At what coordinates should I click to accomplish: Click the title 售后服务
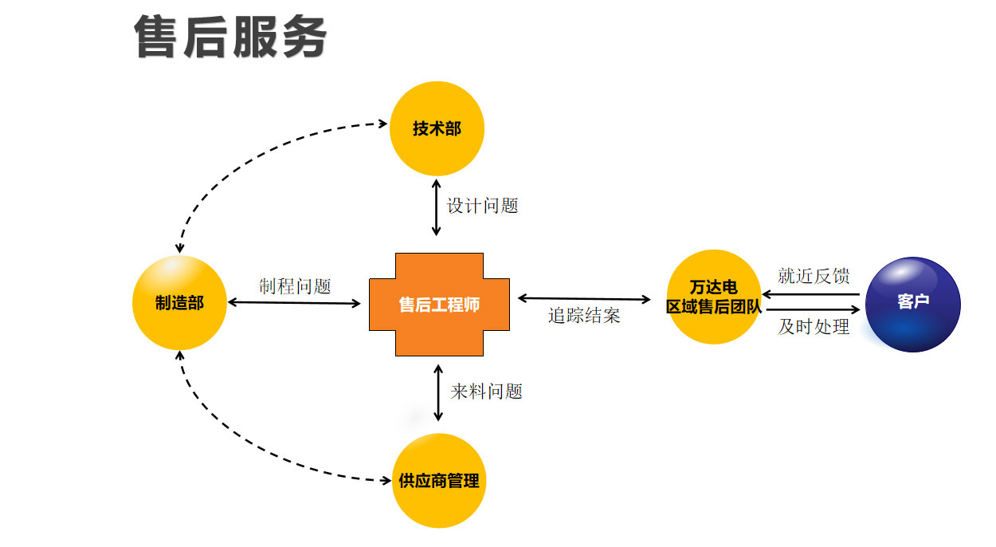tap(231, 37)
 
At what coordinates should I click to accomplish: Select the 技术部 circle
tap(437, 128)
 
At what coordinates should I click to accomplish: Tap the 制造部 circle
tap(179, 303)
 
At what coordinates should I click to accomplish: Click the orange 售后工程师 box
tap(439, 304)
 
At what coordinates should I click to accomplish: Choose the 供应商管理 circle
tap(440, 481)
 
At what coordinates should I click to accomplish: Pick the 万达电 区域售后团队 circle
tap(714, 297)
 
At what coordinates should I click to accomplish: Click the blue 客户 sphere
tap(913, 304)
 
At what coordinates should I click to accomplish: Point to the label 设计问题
tap(483, 206)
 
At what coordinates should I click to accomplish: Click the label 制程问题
tap(295, 286)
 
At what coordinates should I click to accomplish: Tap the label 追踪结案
tap(584, 316)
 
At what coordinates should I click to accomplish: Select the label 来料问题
tap(486, 392)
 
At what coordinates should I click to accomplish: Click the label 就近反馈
tap(814, 276)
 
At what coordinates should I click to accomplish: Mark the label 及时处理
tap(814, 327)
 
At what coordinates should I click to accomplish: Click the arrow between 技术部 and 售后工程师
tap(436, 207)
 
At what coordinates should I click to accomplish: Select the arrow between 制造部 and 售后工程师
tap(295, 303)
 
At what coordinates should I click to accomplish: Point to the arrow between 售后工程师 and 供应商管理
tap(438, 392)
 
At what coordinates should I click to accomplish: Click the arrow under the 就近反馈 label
tap(811, 293)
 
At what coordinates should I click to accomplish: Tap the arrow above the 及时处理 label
tap(811, 309)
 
